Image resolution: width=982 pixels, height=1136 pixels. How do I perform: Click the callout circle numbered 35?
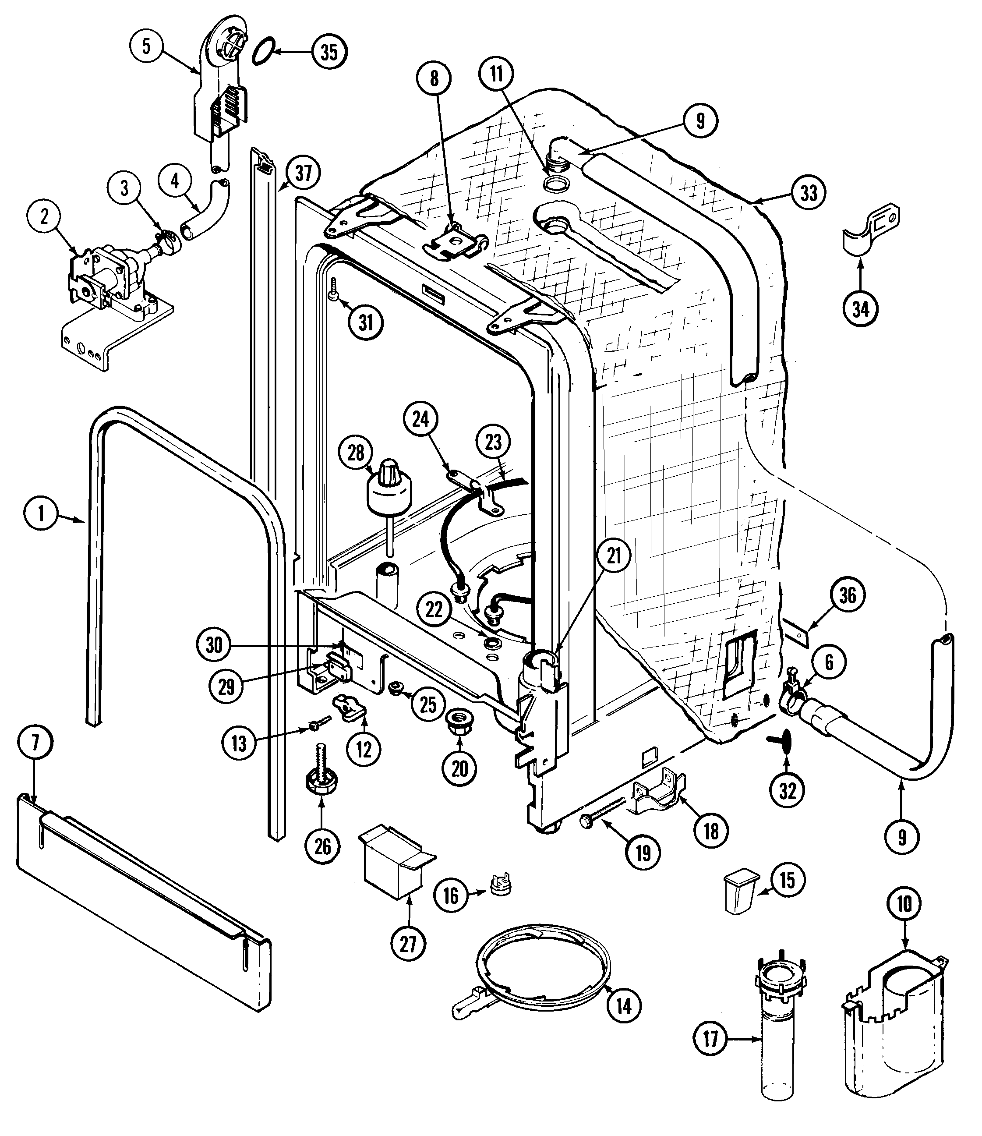pyautogui.click(x=329, y=53)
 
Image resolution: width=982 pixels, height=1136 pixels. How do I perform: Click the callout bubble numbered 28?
pyautogui.click(x=356, y=453)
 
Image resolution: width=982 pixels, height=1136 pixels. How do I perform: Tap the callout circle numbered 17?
pyautogui.click(x=710, y=1038)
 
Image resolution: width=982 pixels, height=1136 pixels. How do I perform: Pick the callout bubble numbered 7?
pyautogui.click(x=35, y=743)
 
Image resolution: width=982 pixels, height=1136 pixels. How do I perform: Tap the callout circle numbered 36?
pyautogui.click(x=847, y=595)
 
